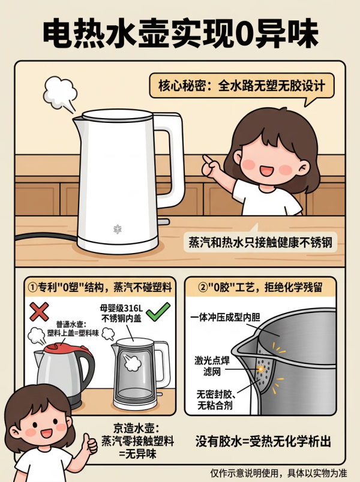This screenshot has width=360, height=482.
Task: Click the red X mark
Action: pos(39,311)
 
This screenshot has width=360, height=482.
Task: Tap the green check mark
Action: pos(158,311)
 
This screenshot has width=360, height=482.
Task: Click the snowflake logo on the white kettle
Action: pos(118,229)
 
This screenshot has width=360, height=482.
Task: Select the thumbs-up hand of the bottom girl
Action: pos(89,444)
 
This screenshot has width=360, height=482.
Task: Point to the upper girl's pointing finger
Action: pos(208,160)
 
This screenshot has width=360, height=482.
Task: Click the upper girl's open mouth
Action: pos(265,170)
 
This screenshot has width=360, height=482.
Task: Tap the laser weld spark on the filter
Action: pos(261,368)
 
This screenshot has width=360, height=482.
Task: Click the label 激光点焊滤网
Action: pos(212,366)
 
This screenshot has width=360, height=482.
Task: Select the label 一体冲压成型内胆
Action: pos(225,317)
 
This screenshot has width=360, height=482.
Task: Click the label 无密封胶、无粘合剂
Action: pos(216,400)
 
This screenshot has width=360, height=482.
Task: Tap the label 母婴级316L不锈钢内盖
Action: pos(121,313)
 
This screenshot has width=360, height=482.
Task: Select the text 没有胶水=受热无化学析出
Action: pos(263,441)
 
